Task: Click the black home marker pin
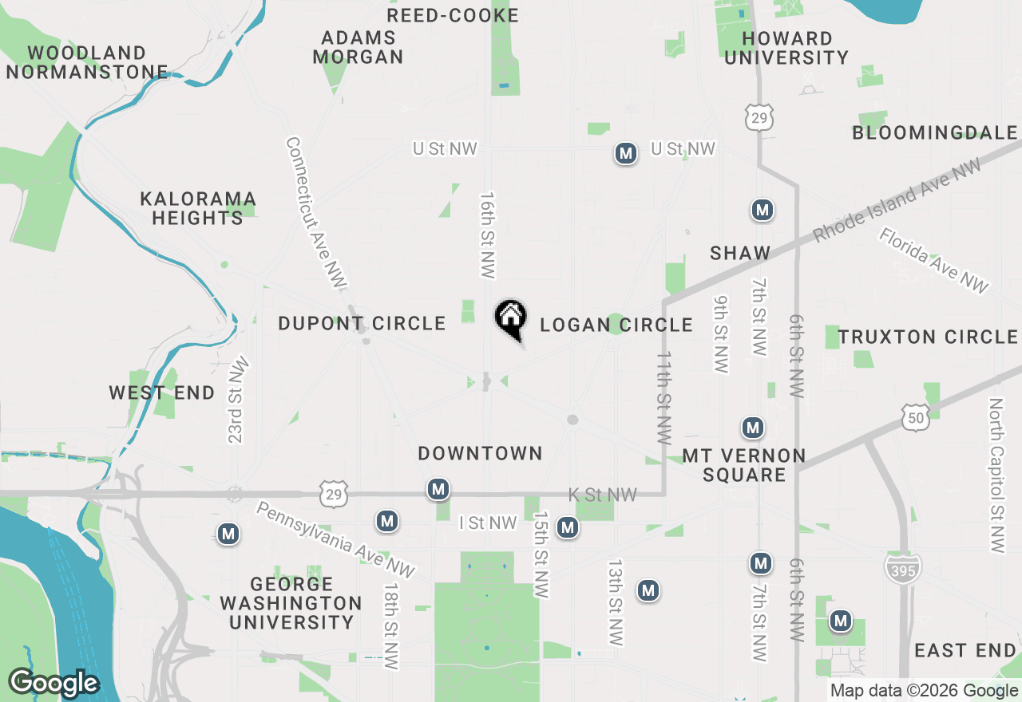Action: (510, 318)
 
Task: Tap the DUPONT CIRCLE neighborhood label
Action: (362, 323)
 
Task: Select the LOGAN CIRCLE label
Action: (616, 325)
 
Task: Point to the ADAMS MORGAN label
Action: (358, 47)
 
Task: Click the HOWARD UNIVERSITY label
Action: (786, 48)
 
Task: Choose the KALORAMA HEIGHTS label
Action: (198, 208)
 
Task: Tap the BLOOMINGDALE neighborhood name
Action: (935, 132)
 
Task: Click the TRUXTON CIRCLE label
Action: (928, 337)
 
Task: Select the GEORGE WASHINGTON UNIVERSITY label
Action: (291, 603)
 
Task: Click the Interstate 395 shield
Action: (903, 567)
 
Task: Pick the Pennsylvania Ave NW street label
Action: (336, 540)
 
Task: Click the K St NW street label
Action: (603, 495)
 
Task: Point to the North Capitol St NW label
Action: (996, 475)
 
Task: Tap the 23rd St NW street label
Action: (238, 400)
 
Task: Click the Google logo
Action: (53, 683)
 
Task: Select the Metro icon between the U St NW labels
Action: (626, 153)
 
